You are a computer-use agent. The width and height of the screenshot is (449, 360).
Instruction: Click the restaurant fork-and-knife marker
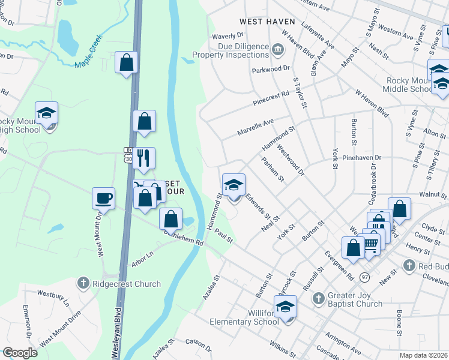pos(143,158)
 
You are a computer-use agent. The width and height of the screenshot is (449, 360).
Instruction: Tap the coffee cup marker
pos(103,198)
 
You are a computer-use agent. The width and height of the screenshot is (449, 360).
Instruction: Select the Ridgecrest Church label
pos(127,284)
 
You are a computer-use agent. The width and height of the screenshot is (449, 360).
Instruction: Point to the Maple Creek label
pos(89,52)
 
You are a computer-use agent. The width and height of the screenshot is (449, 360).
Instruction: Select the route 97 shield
pos(365,277)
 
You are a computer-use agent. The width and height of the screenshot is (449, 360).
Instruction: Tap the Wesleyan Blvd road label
pos(118,332)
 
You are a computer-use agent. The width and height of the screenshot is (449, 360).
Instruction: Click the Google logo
pos(19,353)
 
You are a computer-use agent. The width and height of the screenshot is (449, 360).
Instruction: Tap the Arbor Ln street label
pos(142,257)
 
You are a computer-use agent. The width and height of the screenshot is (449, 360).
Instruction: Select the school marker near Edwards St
pos(234,185)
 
